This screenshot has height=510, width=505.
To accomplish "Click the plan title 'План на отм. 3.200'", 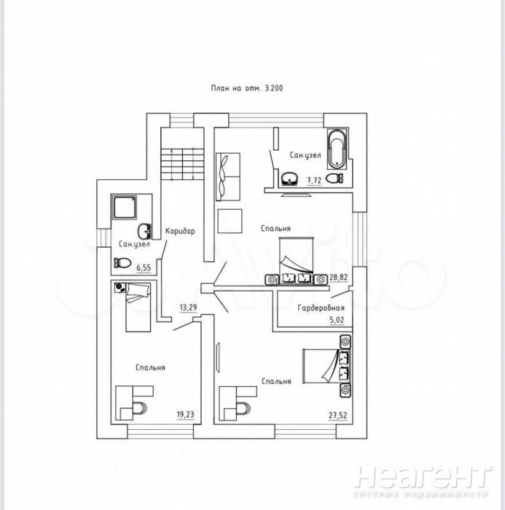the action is pos(247,88).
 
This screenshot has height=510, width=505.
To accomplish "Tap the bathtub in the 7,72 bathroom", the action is pos(337,149).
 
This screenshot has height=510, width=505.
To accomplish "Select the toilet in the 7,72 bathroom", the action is pos(334,178).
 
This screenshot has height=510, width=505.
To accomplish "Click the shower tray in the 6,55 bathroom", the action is pos(125,208).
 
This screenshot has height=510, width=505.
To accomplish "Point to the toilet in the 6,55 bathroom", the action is pos(122,262).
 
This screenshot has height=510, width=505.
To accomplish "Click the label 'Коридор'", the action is pos(180,231).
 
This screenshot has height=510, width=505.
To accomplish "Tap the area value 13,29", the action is pos(189,307).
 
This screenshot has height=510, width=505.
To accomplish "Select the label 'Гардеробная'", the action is pos(321,307).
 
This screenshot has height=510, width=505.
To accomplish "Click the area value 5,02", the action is pos(337,320).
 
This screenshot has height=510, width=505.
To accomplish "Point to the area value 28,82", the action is pos(339,278).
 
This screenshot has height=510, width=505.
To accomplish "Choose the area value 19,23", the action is pos(186,415).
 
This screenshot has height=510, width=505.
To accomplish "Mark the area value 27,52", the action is pos(337,415).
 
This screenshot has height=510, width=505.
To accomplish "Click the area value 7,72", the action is pos(314,181).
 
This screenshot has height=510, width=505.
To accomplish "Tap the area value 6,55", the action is pos(144,268).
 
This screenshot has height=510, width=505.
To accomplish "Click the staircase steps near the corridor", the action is pos(182,164).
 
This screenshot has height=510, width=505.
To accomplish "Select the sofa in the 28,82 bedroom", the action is pos(228,176).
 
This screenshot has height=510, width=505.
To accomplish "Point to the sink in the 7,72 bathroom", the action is pos(289,179).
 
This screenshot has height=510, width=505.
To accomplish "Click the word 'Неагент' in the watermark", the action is pos(423,477).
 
